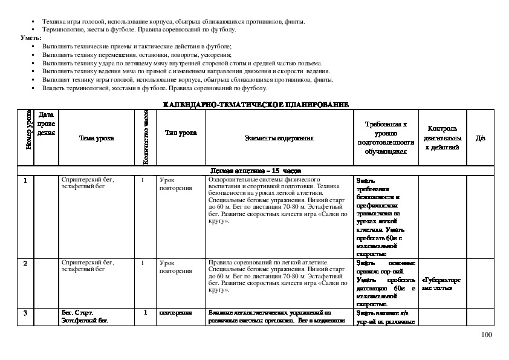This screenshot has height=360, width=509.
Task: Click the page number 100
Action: (x=487, y=335)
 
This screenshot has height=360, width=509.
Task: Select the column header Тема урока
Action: (x=97, y=138)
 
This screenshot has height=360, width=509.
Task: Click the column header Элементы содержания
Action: (x=279, y=138)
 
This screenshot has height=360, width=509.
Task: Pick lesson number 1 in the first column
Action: (x=25, y=180)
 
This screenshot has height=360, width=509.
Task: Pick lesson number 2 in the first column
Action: (x=25, y=263)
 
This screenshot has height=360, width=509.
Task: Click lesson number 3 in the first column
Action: (x=25, y=313)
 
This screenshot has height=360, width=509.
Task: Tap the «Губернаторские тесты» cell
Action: (x=440, y=284)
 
